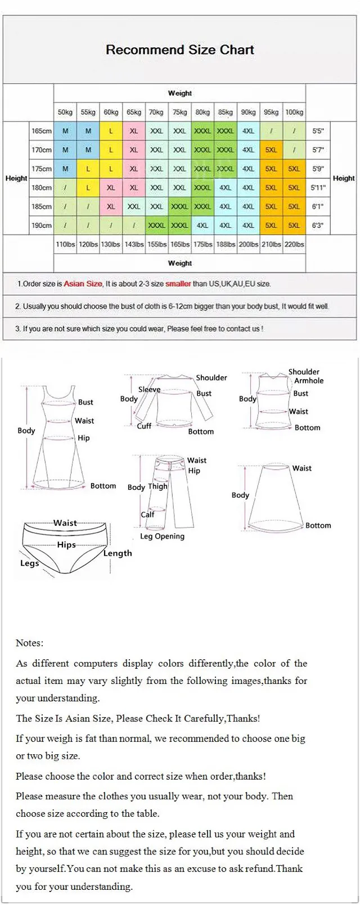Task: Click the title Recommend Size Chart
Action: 179,50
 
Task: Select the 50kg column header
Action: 65,112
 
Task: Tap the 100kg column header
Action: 294,112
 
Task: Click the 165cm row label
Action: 42,131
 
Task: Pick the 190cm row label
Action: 42,226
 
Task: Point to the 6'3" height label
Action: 318,226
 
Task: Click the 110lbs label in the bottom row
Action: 65,245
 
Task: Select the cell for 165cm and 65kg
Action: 134,131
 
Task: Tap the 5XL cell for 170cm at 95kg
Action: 271,150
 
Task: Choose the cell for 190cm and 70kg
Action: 156,226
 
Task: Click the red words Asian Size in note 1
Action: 83,284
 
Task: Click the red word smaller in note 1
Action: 178,284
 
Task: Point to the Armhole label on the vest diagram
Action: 309,381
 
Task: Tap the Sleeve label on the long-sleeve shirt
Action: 149,389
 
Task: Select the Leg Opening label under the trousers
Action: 162,537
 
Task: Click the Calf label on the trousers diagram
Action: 147,515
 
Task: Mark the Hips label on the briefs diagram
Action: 66,545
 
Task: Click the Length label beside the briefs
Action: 118,553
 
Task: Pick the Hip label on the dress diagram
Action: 84,438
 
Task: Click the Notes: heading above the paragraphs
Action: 29,643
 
